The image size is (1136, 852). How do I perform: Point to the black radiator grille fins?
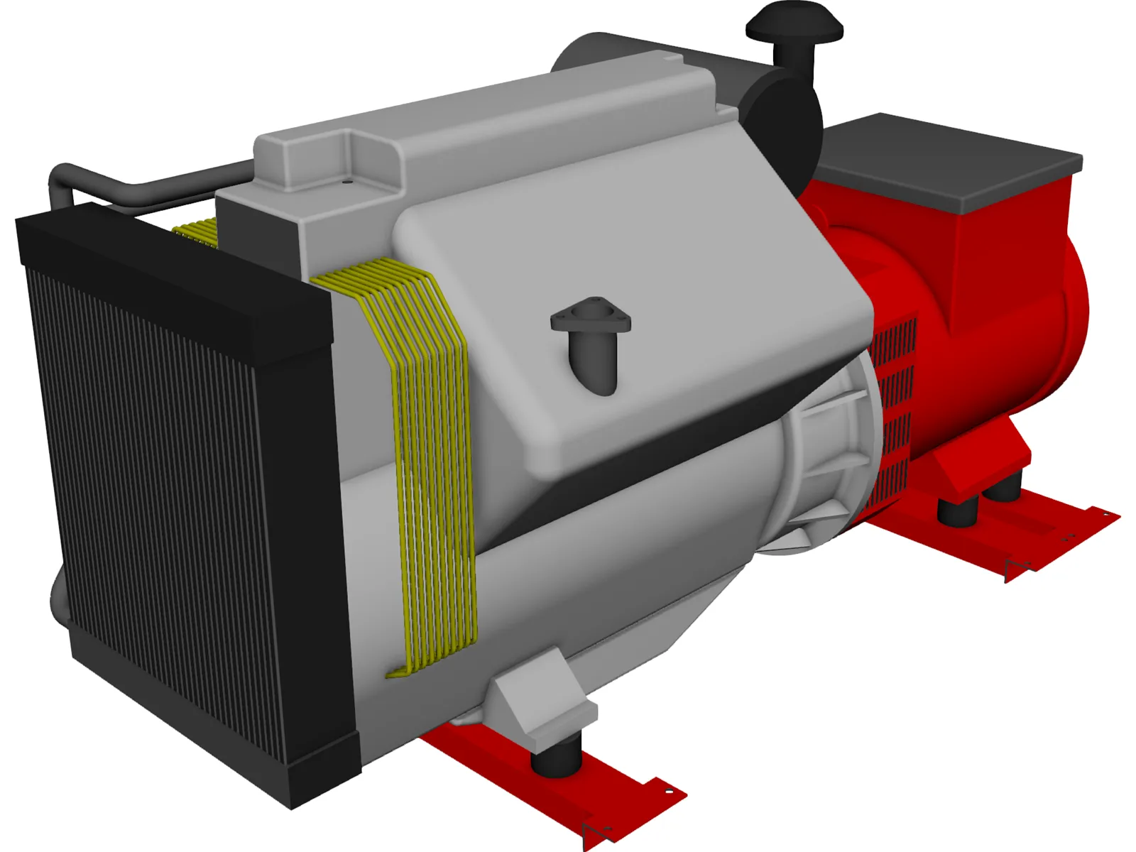pyautogui.click(x=163, y=497)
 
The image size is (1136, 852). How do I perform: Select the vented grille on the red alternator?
pyautogui.click(x=893, y=412)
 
